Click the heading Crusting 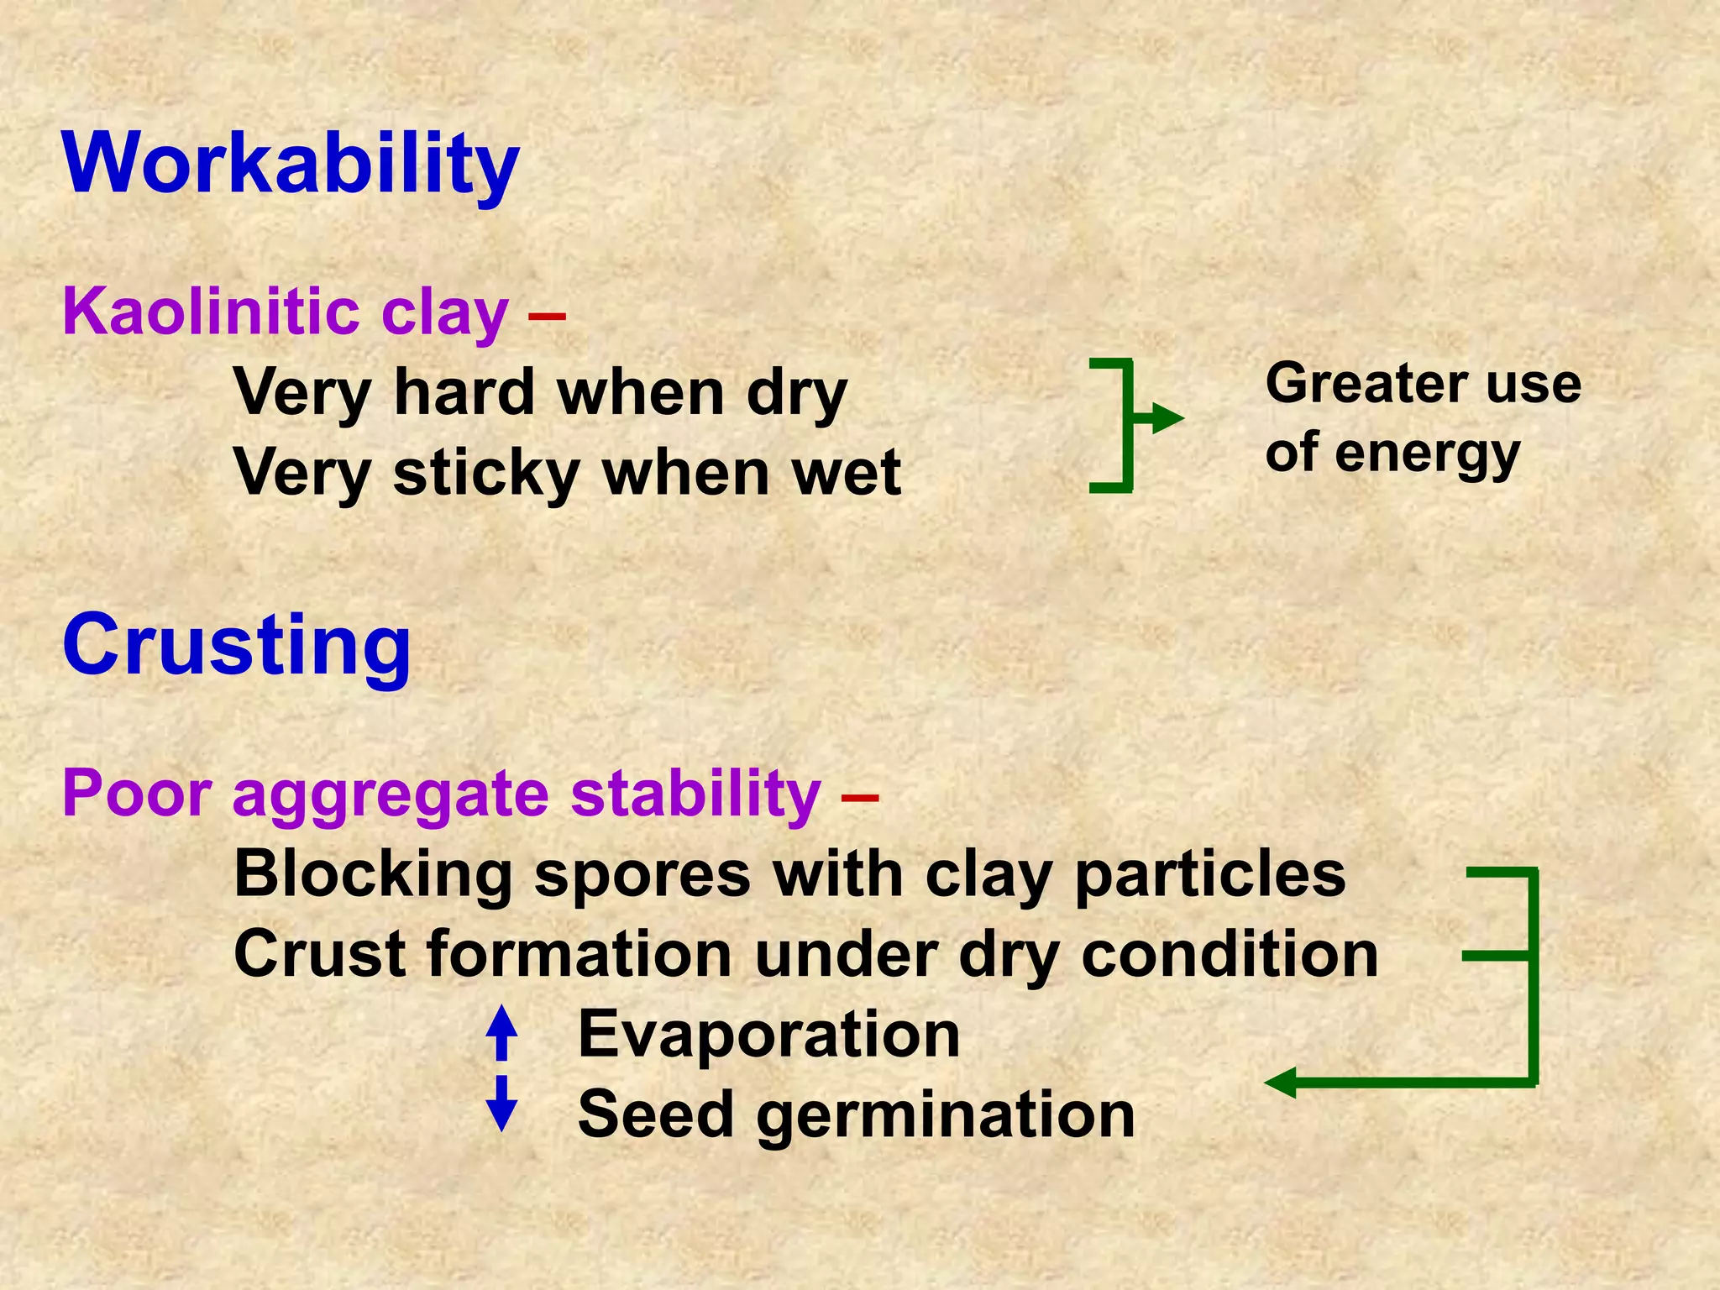point(236,644)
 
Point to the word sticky point(486,472)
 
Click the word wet point(847,472)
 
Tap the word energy point(1427,454)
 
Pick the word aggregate point(391,793)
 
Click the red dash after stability point(859,796)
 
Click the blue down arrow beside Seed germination point(501,1105)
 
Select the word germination point(946,1115)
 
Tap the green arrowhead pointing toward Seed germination point(1281,1083)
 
